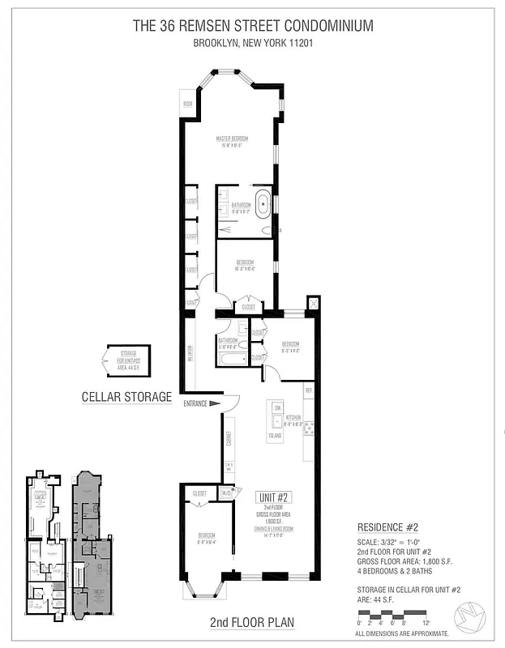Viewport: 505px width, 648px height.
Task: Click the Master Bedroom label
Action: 232,139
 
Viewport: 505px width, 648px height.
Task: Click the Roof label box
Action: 187,104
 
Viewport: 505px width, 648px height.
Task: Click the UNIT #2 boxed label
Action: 274,497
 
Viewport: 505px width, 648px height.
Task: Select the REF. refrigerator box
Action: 308,390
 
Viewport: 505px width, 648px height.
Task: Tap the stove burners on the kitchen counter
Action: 308,428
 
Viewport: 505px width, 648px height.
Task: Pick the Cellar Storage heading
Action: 126,397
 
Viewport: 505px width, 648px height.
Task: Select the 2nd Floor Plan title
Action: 252,623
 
